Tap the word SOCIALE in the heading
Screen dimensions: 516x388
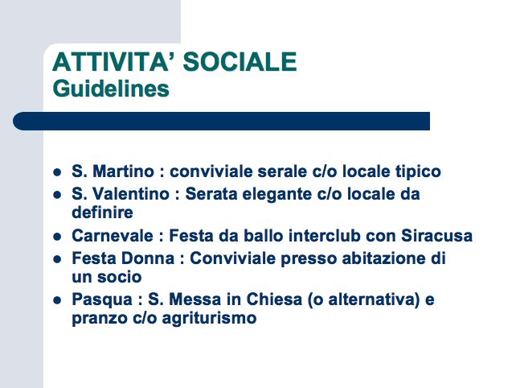pos(240,62)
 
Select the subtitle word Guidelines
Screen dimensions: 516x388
pos(111,89)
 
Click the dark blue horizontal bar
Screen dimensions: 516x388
pos(222,121)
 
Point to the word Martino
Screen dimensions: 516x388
pos(124,171)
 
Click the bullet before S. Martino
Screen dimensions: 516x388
pos(57,172)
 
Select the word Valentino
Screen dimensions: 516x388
pos(131,194)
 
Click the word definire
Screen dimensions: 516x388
pos(102,213)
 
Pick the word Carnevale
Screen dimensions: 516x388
pos(113,236)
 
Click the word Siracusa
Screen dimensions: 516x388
pos(436,236)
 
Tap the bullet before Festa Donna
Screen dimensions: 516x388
pos(57,259)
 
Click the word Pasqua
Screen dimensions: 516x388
pos(102,300)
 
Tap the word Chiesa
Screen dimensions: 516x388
pos(274,299)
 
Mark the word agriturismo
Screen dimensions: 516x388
pos(209,319)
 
